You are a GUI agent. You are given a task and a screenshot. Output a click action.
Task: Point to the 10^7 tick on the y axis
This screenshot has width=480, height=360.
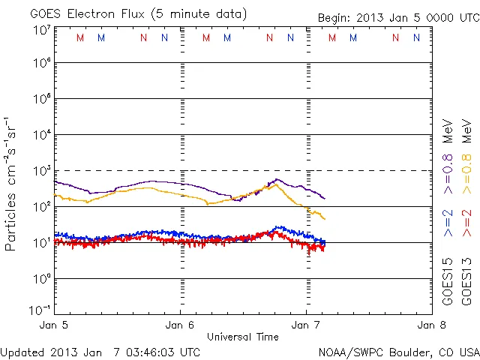point(40,31)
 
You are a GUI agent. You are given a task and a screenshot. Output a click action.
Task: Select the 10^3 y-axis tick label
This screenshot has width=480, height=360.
point(40,170)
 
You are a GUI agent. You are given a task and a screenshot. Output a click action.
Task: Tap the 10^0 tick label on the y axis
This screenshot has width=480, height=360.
point(40,278)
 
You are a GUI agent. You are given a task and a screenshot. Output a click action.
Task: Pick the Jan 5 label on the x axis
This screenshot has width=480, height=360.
point(54,325)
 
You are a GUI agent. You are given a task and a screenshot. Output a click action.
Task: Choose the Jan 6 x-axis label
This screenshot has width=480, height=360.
point(180,325)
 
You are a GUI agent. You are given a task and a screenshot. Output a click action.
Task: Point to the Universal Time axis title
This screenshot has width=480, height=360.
point(243,337)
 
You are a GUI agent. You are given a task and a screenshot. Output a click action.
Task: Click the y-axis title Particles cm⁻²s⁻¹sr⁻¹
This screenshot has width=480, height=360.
point(13,183)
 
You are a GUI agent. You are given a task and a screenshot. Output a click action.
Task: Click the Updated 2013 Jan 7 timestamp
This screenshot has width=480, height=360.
point(100,351)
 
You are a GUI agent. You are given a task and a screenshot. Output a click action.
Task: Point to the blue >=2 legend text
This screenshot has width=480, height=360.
point(448,223)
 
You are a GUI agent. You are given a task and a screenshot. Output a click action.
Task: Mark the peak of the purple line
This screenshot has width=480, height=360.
point(277,178)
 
